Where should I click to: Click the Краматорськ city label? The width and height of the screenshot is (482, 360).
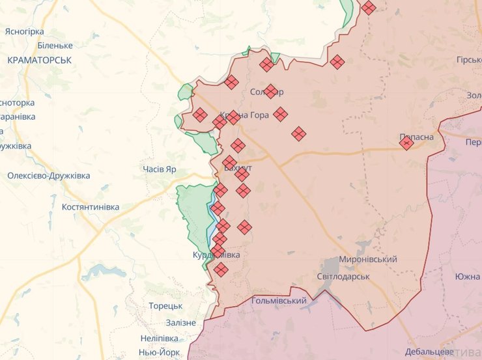40,60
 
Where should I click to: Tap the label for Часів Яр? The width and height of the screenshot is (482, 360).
160,169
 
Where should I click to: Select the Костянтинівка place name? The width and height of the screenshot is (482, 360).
91,207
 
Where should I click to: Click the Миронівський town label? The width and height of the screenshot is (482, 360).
368,260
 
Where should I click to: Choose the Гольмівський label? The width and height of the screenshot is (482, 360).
279,301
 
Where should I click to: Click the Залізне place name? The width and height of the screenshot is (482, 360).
180,323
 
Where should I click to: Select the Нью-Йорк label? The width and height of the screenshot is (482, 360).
159,352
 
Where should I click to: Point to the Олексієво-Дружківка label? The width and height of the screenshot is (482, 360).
49,176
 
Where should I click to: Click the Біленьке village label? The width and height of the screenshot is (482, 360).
55,46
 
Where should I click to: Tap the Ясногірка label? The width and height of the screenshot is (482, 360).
24,31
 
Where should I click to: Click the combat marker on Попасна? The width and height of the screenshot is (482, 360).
406,143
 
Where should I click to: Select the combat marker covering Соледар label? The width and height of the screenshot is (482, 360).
271,92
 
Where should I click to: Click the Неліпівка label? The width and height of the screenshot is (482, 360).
159,339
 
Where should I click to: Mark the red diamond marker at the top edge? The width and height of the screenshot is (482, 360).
369,8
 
